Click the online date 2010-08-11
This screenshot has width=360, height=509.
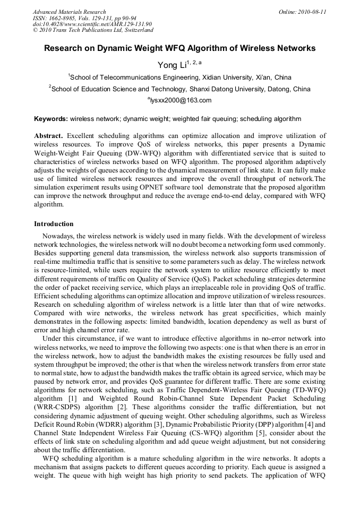[313, 12]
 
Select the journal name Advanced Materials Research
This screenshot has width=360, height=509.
[69, 12]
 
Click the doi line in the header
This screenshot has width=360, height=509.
[92, 24]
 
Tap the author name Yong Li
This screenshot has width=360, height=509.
[169, 65]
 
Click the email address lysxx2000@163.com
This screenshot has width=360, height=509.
[180, 100]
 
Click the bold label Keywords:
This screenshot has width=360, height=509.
[51, 119]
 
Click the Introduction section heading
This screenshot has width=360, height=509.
[54, 224]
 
